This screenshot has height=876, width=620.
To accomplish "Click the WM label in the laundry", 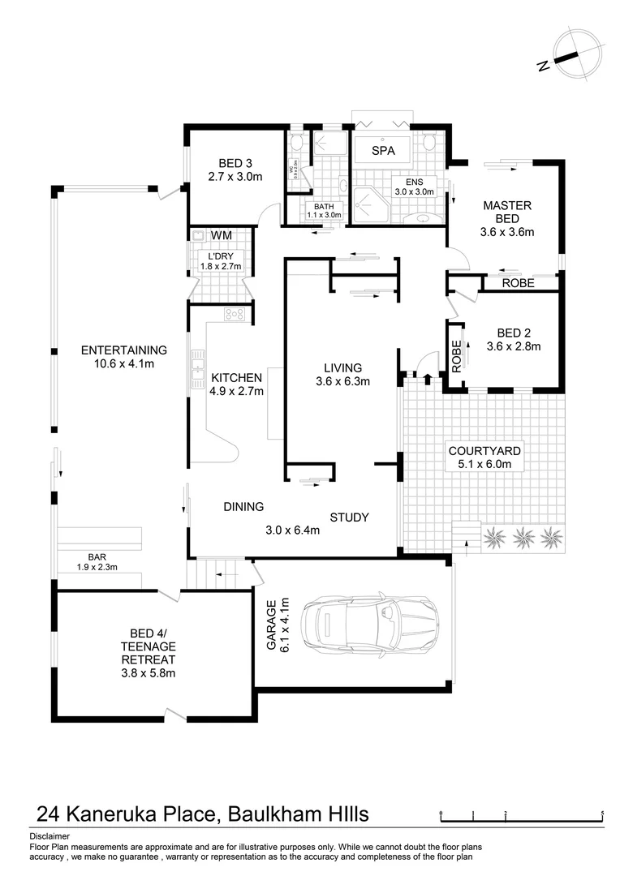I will (x=221, y=235).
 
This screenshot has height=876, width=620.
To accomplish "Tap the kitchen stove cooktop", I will (x=235, y=314).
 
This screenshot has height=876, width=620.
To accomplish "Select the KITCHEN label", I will (x=236, y=377).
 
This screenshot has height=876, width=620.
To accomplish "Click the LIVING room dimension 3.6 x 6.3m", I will (x=342, y=381).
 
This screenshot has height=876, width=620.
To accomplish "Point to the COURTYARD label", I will (x=484, y=451).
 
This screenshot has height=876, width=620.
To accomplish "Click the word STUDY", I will (x=350, y=517).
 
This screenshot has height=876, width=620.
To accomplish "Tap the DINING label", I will (x=243, y=507).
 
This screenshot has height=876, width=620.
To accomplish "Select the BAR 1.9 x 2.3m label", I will (x=97, y=562).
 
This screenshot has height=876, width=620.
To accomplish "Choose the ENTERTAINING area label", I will (x=123, y=350).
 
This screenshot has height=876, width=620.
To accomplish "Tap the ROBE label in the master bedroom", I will (x=518, y=283).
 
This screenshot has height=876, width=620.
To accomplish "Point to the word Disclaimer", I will (x=50, y=835).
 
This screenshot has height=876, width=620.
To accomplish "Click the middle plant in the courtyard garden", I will (x=522, y=535).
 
